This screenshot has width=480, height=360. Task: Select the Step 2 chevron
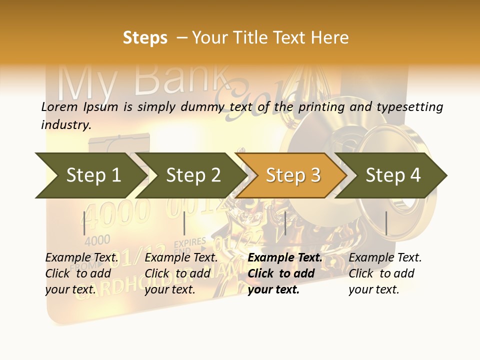[x=192, y=175]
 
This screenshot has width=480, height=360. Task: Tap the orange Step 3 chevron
[x=292, y=175]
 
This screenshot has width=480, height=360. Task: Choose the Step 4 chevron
[x=392, y=175]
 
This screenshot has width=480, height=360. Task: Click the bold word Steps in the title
[x=145, y=37]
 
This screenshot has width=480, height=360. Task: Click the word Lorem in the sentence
[x=59, y=106]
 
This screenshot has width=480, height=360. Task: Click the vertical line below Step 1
[x=84, y=223]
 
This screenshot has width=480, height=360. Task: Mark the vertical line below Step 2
[x=184, y=223]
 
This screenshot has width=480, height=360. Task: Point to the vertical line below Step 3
[x=285, y=223]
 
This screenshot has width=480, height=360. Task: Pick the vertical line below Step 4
[x=386, y=223]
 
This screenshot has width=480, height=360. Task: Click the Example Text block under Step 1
[x=81, y=273]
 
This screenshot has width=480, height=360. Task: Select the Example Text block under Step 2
[x=181, y=273]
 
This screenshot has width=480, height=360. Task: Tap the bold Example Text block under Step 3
[x=285, y=273]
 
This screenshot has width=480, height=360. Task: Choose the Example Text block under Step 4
[x=385, y=273]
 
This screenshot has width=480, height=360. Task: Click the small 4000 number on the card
[x=97, y=240]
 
